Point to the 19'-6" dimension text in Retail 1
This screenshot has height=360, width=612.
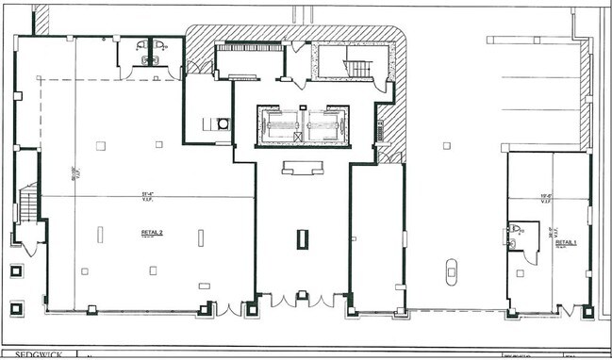coord(545,198)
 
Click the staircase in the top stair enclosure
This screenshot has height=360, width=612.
coord(357,70)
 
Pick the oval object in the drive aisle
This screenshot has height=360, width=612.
coord(451,270)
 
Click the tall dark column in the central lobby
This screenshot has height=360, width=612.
coord(302,238)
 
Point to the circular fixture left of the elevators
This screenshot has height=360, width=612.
coord(223,123)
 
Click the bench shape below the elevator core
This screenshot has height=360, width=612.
coord(302,168)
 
